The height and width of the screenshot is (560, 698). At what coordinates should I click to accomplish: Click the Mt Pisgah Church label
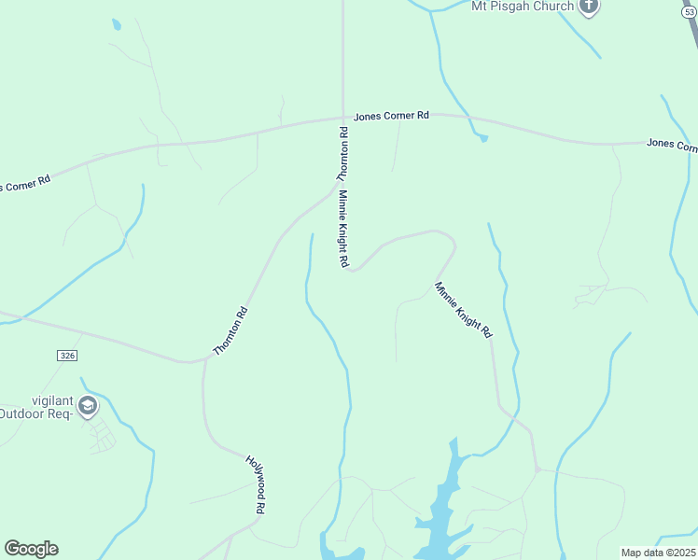[522, 6]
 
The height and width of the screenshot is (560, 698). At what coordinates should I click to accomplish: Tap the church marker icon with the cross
[588, 7]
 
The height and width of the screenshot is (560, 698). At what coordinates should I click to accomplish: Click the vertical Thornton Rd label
[342, 154]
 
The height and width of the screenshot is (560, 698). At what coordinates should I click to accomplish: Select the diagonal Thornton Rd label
[230, 330]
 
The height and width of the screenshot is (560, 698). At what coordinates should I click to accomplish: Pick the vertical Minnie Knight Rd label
[343, 230]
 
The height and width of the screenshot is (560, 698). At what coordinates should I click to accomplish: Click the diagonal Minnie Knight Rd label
[463, 309]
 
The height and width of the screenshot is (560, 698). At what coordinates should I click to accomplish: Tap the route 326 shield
[65, 356]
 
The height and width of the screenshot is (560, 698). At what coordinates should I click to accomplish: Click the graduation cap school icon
[88, 405]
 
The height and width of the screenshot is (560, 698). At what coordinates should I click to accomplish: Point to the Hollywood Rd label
[256, 484]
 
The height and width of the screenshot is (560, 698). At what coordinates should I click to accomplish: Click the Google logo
[31, 549]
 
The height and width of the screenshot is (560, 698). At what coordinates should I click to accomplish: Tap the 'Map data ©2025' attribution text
[658, 553]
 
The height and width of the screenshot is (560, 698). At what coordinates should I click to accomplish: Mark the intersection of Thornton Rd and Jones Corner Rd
[342, 118]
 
